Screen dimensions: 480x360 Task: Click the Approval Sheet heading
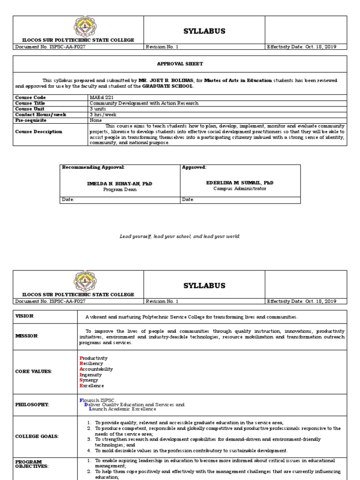(180, 64)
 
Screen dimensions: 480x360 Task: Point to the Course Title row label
(30, 103)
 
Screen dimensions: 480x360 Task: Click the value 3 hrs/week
(104, 114)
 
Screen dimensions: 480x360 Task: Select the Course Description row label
(38, 132)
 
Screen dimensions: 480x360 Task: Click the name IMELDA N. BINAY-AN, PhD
(120, 183)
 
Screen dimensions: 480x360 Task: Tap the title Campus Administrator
(240, 188)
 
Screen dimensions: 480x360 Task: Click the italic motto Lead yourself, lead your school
(180, 236)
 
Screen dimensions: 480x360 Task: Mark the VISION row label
(24, 316)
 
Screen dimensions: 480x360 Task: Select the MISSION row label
(26, 336)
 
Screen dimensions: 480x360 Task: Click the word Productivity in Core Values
(94, 358)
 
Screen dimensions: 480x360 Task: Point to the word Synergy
(90, 380)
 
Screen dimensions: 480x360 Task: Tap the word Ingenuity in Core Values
(92, 375)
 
